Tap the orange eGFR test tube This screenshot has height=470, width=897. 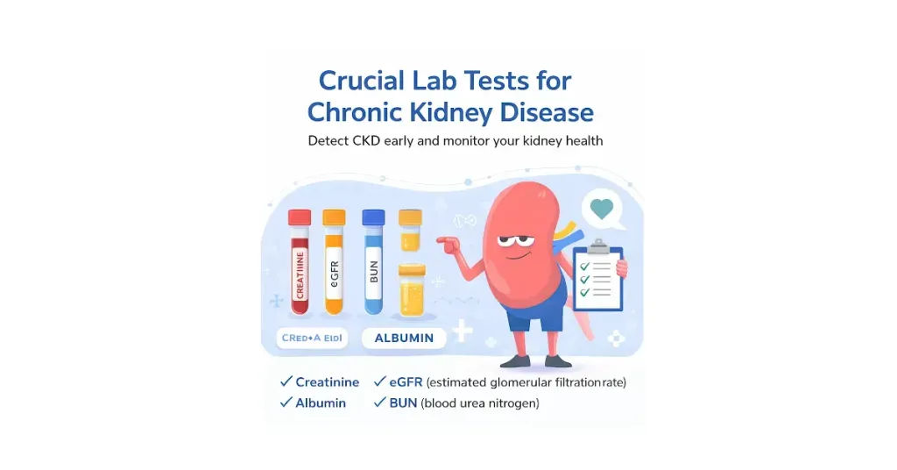[334, 267]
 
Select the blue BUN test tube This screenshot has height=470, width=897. [373, 267]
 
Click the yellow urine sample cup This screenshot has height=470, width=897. [411, 291]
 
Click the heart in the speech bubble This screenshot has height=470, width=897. [601, 208]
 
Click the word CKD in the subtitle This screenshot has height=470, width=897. [370, 140]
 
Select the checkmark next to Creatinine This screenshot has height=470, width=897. [285, 381]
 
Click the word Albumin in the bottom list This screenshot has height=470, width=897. [321, 403]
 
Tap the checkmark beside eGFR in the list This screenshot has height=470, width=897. [381, 381]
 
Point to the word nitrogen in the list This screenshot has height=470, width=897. [511, 404]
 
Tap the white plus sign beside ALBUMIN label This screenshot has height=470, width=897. [462, 332]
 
